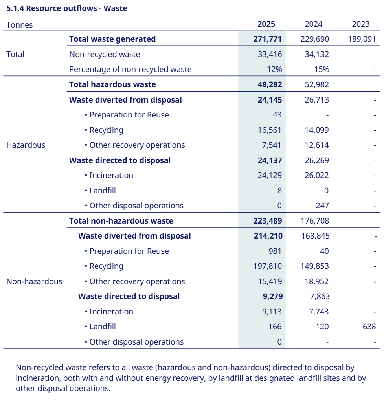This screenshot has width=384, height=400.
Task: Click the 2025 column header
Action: (x=266, y=24)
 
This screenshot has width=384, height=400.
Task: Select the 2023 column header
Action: (x=361, y=24)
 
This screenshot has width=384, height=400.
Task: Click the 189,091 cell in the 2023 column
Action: (x=362, y=39)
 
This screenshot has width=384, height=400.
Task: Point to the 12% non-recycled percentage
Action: (x=274, y=69)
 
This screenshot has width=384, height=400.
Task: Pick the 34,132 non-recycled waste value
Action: (x=316, y=54)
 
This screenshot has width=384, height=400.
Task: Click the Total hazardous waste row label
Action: (x=112, y=84)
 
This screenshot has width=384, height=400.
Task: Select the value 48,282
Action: (x=268, y=84)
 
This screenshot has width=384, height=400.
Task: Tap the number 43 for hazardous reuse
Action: (x=277, y=115)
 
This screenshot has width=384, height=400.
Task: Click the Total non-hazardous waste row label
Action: (x=121, y=221)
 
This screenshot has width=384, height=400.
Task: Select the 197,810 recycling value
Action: (x=268, y=266)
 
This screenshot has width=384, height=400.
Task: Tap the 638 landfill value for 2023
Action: (x=369, y=327)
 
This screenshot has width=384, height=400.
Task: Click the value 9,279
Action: (x=272, y=296)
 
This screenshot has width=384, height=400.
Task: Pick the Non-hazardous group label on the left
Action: (x=34, y=281)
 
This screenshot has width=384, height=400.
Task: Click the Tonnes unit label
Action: (x=20, y=24)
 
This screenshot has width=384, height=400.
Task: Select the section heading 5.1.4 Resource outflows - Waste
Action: (x=67, y=8)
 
